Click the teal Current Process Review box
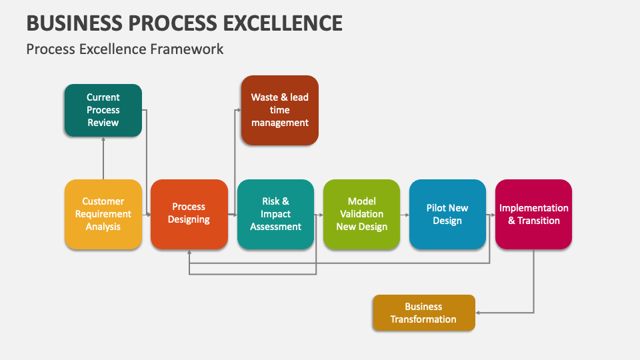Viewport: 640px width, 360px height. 103,110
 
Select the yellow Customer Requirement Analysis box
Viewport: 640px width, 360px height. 103,214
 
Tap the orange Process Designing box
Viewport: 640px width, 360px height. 189,214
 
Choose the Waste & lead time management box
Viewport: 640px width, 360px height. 279,110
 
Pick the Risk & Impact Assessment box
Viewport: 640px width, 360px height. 275,214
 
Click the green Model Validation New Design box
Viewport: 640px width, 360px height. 361,214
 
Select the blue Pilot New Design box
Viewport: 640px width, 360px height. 447,214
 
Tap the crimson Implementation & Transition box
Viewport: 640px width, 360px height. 533,214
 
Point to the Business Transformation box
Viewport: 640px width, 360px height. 423,313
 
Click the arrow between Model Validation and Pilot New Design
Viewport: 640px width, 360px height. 405,215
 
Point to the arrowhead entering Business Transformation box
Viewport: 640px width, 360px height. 479,313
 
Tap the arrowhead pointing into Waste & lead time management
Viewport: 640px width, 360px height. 238,110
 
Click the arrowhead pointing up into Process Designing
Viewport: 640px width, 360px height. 189,253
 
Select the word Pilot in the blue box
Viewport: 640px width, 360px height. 437,208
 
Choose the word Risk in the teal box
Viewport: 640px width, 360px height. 271,201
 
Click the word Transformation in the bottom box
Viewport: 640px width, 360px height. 423,319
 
